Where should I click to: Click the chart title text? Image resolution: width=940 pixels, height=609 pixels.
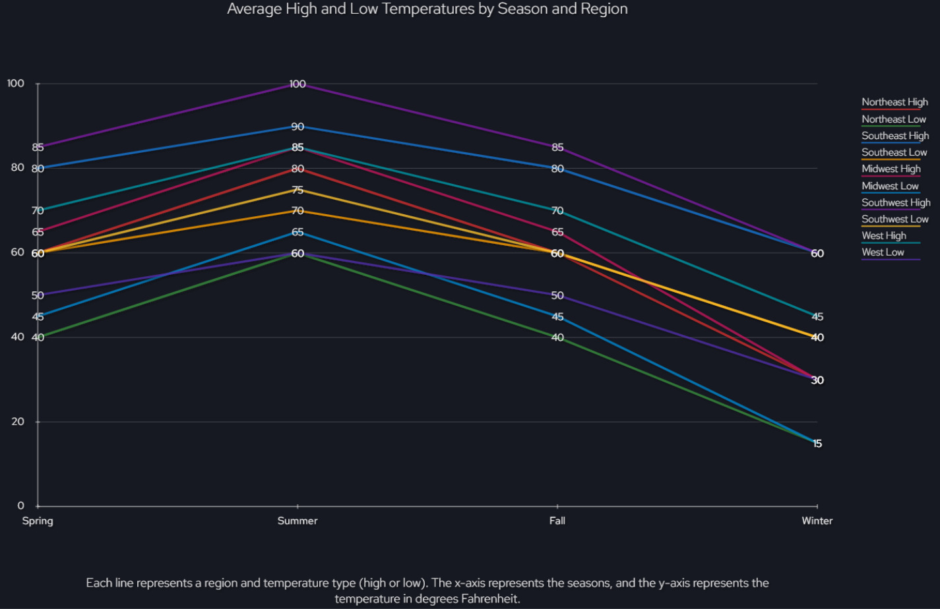click(427, 9)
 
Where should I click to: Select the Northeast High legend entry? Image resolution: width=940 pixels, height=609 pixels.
click(894, 102)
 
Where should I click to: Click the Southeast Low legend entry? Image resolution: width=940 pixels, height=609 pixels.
click(894, 152)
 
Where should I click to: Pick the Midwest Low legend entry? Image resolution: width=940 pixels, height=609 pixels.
click(890, 186)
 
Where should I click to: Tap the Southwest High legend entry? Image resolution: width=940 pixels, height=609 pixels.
click(896, 202)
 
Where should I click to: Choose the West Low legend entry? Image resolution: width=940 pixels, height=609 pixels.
click(883, 252)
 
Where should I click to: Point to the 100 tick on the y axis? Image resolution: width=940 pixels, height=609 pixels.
click(16, 84)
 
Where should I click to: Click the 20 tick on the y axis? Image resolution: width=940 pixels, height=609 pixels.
click(18, 422)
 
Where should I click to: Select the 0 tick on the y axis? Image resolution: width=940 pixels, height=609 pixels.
click(21, 506)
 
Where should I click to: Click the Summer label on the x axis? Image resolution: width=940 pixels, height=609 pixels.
click(298, 521)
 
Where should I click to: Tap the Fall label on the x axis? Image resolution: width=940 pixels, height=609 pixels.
click(557, 521)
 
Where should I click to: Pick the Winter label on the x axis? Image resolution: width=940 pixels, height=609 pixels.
click(817, 521)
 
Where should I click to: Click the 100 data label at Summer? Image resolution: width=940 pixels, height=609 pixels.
click(298, 84)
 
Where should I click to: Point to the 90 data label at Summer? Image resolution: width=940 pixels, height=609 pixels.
click(298, 127)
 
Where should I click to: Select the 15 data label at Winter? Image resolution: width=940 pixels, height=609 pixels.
click(817, 444)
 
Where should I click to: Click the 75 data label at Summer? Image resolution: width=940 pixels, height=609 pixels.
click(298, 190)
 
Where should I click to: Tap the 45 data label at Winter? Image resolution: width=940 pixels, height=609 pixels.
click(817, 317)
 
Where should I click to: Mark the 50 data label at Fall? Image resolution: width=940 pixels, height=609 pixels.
click(557, 296)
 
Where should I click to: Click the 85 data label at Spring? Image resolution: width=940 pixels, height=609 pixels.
click(38, 148)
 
